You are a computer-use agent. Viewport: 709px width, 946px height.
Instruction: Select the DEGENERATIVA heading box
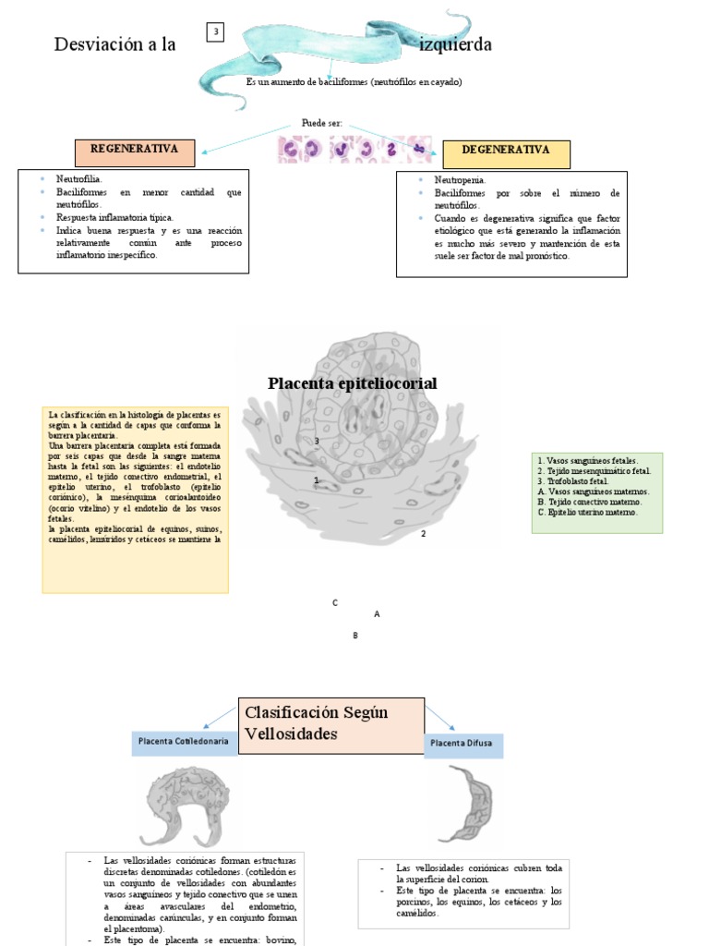506,151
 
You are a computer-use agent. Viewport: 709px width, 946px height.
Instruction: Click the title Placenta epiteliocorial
352,383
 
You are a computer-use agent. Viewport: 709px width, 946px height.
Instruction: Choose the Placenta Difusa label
463,744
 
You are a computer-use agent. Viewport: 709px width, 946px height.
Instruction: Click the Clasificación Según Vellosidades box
330,724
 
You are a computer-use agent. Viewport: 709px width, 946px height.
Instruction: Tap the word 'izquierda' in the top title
455,44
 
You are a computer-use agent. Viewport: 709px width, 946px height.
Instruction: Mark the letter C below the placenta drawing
335,602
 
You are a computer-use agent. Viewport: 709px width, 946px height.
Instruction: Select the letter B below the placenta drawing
354,635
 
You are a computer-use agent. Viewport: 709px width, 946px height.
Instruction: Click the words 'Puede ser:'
321,123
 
